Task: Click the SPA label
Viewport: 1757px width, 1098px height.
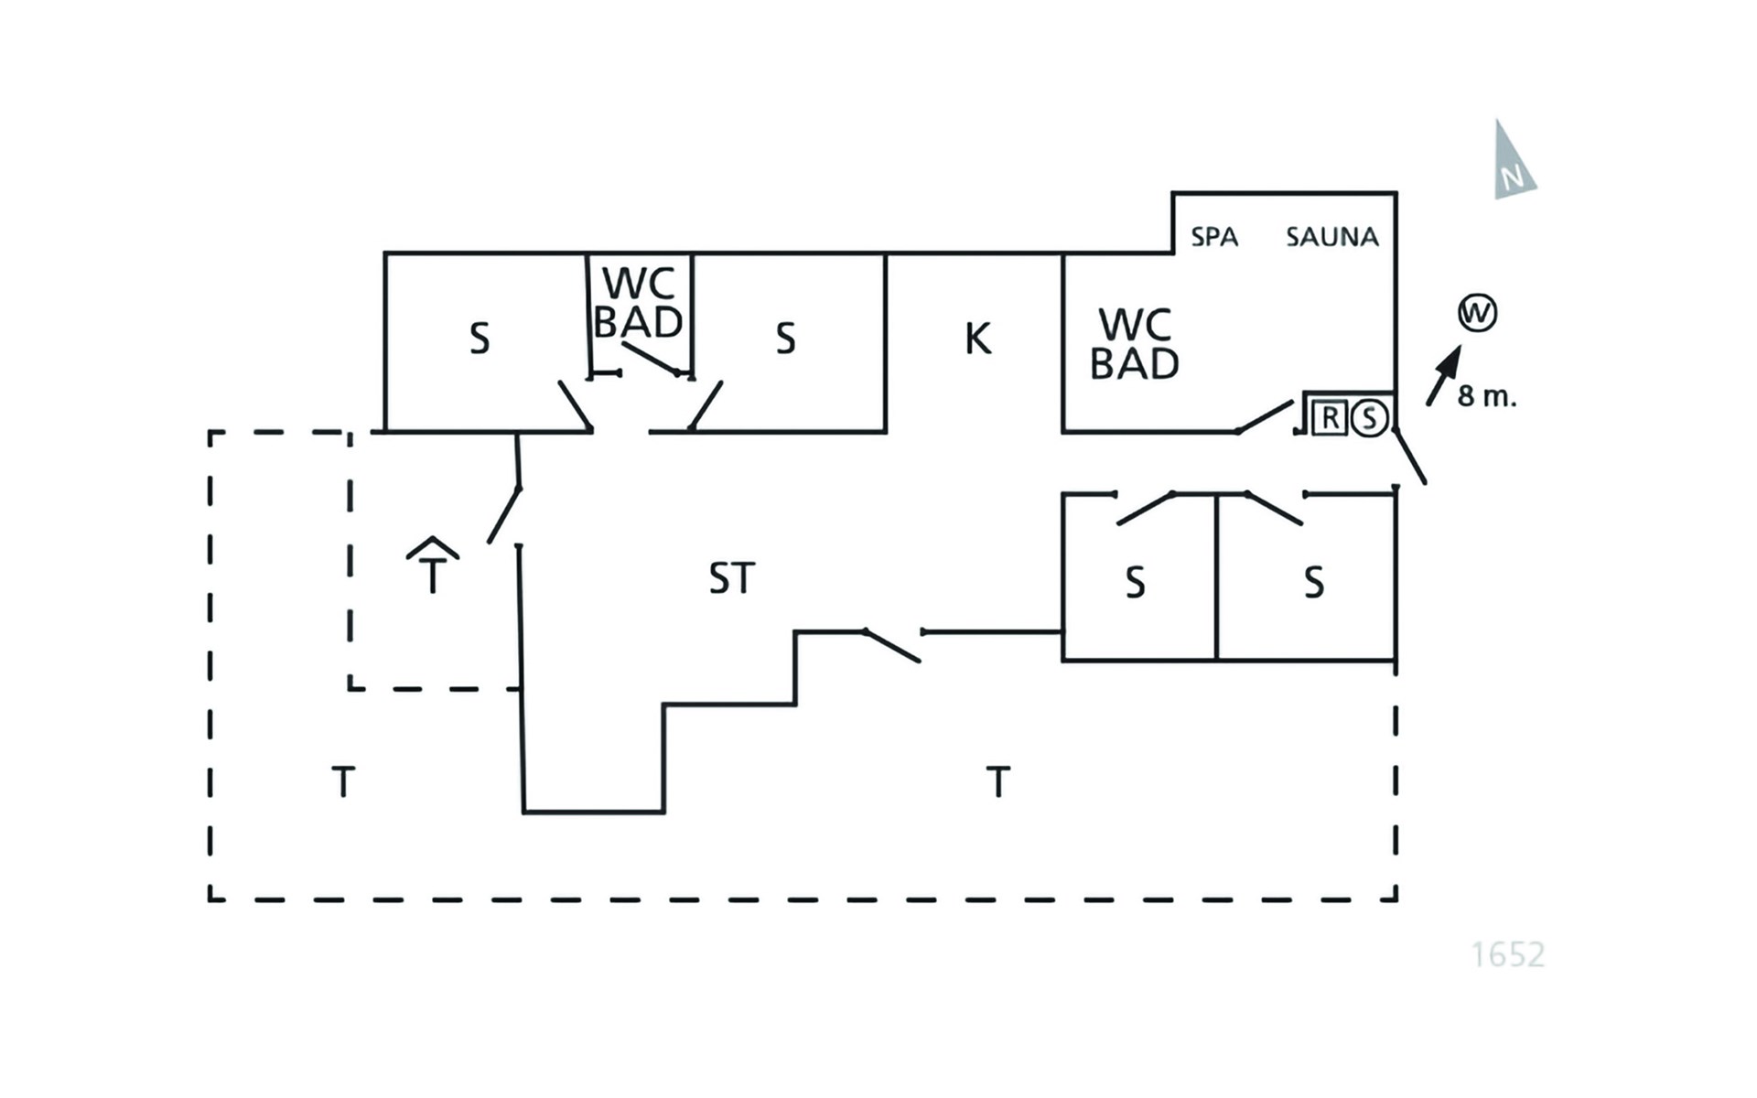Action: pos(1214,237)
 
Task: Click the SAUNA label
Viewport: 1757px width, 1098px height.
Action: pos(1331,237)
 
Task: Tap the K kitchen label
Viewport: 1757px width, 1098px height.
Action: pos(977,339)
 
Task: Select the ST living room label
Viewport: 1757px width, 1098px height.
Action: pos(731,578)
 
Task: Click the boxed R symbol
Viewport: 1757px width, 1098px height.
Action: pos(1330,418)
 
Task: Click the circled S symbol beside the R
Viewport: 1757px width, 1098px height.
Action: pos(1369,418)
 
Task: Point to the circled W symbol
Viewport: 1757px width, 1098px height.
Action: pos(1477,313)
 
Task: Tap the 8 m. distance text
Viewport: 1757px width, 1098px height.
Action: pos(1487,396)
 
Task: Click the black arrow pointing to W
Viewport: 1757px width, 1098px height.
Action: pos(1444,375)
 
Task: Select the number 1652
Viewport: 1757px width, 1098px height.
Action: pos(1508,954)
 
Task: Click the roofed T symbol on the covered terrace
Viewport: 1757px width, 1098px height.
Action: pos(433,564)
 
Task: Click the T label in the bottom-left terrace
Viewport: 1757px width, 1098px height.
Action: pos(342,782)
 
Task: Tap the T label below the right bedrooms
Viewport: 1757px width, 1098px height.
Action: pos(997,782)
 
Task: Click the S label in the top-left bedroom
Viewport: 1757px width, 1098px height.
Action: pos(480,339)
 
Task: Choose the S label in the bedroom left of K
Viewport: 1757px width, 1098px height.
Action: pos(785,339)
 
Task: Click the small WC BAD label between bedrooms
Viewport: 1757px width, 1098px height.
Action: pos(639,303)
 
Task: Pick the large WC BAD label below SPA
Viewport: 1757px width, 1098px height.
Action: pos(1135,344)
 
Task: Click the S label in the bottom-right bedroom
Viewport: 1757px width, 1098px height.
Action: pos(1314,582)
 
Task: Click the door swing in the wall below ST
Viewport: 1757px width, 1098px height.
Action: pos(892,646)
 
